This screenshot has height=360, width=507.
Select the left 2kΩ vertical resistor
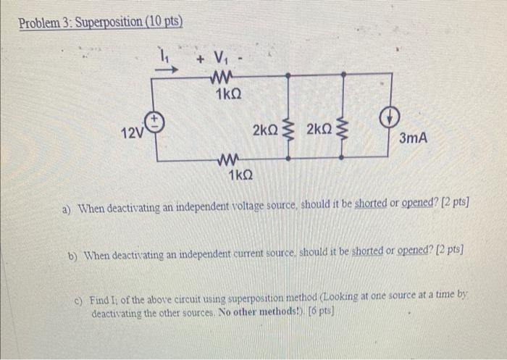pos(290,131)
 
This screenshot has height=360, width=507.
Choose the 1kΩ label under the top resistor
pos(227,94)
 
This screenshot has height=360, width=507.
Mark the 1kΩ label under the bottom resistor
pos(240,176)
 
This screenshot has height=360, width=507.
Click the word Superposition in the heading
pos(107,22)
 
